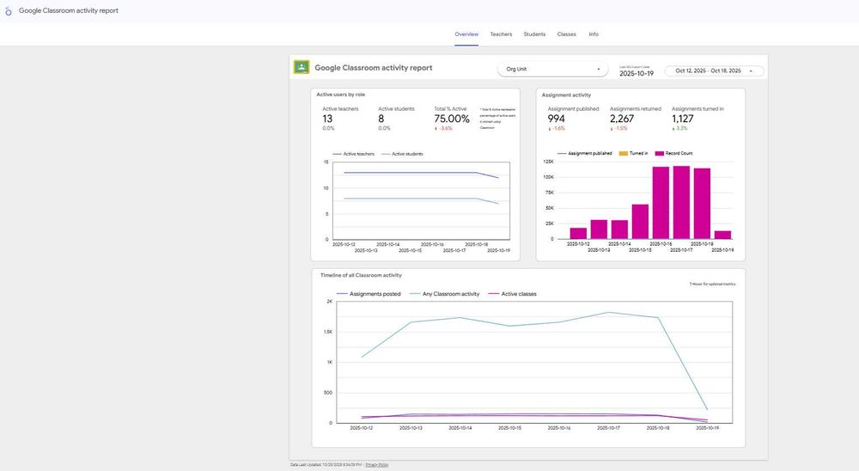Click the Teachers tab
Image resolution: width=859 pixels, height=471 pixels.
coord(501,34)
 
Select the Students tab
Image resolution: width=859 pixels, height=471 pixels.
coord(534,34)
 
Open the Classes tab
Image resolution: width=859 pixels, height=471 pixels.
coord(566,34)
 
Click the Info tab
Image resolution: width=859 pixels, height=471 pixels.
coord(594,34)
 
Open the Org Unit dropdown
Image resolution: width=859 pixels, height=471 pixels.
coord(553,69)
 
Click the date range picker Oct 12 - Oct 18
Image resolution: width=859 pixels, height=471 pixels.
coord(713,70)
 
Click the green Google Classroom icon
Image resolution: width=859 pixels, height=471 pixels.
coord(302,67)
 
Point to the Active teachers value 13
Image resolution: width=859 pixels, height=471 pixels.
coord(327,119)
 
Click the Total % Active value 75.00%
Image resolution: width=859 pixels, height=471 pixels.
coord(451,119)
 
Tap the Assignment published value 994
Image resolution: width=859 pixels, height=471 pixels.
coord(557,119)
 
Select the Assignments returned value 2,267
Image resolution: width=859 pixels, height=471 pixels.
coord(622,119)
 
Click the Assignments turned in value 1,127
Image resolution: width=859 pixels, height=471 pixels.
coord(683,119)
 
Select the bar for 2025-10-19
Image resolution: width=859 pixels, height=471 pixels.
coord(722,234)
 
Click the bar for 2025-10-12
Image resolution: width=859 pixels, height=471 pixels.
coord(578,233)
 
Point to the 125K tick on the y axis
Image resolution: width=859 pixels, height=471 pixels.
coord(547,162)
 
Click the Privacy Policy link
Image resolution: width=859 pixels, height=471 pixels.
coord(377,464)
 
